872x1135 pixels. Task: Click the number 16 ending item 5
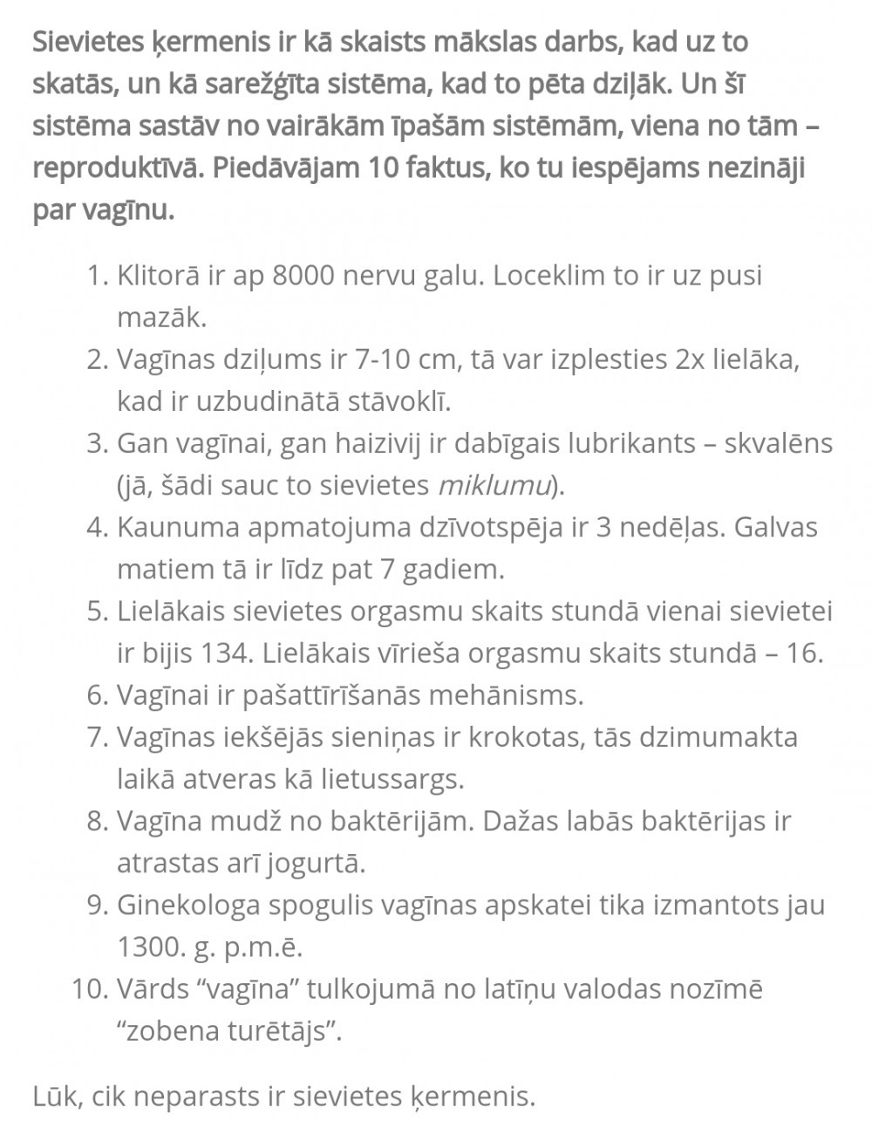click(804, 653)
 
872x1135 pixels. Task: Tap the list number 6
click(97, 694)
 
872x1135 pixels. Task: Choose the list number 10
click(90, 988)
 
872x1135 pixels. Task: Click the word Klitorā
click(157, 276)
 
